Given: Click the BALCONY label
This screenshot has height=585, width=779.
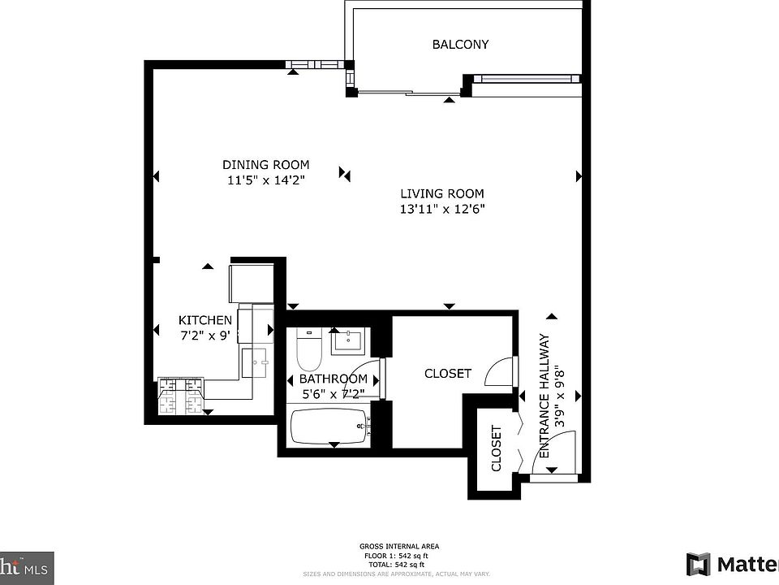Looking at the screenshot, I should click(x=460, y=45).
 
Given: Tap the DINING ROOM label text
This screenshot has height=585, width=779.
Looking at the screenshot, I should click(x=266, y=165).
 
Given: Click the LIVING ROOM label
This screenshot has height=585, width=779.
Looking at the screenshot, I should click(x=442, y=193).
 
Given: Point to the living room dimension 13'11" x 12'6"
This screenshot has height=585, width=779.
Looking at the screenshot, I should click(x=442, y=209).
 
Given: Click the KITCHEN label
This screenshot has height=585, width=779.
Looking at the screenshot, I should click(x=205, y=320).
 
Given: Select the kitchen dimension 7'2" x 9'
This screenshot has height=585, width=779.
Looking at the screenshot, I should click(x=205, y=335).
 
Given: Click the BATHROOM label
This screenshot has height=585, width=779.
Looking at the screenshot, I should click(x=334, y=379).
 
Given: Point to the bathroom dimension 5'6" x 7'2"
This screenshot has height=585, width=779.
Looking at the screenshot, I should click(x=332, y=393).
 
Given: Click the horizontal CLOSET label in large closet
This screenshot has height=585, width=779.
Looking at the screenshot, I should click(x=448, y=373).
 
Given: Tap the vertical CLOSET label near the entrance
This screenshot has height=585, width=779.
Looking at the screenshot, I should click(x=496, y=448).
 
